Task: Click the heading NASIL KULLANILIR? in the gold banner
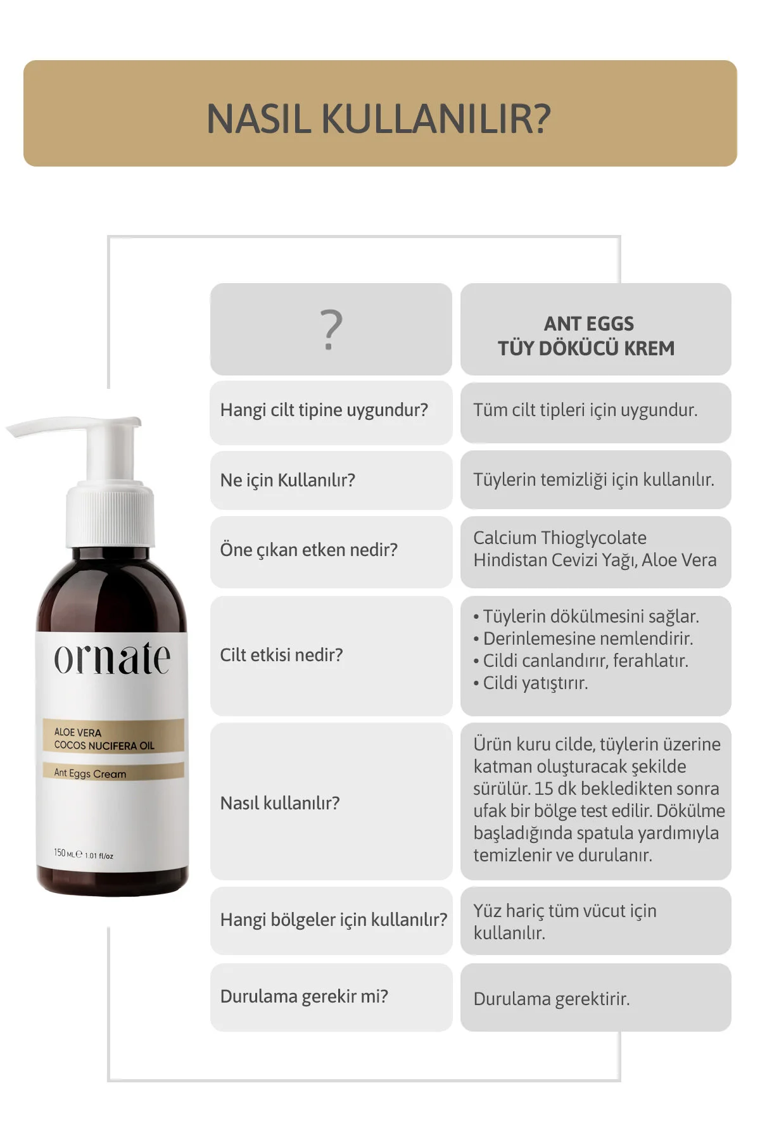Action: [379, 118]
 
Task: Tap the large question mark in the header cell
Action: [331, 330]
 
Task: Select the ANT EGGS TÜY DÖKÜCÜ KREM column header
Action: [586, 336]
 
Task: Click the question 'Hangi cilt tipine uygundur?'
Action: [324, 410]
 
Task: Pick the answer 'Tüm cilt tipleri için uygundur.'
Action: [585, 410]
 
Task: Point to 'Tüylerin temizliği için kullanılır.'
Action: [593, 480]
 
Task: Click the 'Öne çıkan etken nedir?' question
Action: [308, 550]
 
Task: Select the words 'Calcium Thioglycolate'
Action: [560, 538]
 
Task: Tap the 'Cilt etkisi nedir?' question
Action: [281, 655]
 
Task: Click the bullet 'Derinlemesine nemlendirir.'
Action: [583, 638]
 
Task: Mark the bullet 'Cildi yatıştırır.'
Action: [531, 683]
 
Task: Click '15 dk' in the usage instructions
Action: [555, 788]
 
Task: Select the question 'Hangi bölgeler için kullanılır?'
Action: [334, 920]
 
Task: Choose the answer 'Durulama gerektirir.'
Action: [552, 999]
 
